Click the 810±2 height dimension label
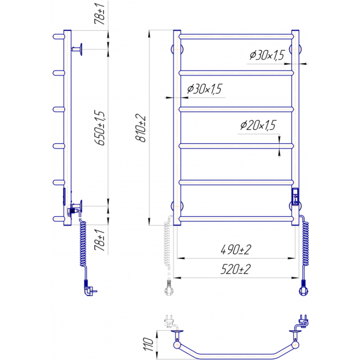point(140,128)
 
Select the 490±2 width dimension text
point(236,250)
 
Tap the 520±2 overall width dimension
point(235,269)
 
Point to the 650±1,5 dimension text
point(99,128)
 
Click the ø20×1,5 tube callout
point(258,126)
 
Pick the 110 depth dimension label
point(148,344)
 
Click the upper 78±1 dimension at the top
point(99,14)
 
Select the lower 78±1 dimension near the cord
point(99,240)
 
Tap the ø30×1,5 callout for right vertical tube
point(267,55)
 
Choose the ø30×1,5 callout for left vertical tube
point(204,89)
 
